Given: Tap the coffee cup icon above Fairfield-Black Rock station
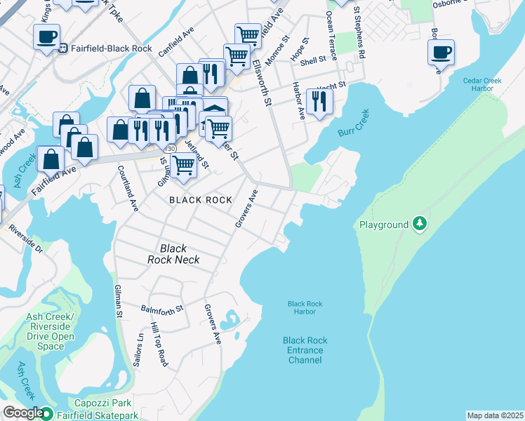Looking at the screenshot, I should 46,36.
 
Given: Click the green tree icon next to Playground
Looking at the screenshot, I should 420,224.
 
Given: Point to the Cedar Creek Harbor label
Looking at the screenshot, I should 482,84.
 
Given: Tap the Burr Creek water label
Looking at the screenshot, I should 355,122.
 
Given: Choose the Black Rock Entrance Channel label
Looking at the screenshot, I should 305,350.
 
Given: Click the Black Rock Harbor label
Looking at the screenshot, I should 305,307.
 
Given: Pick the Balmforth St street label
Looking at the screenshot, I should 161,308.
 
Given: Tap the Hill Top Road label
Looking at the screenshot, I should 159,345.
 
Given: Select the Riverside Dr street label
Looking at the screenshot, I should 26,239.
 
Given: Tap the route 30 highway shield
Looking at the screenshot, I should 171,149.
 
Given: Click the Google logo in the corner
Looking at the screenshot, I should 23,413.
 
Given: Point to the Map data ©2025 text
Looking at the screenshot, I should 494,415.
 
